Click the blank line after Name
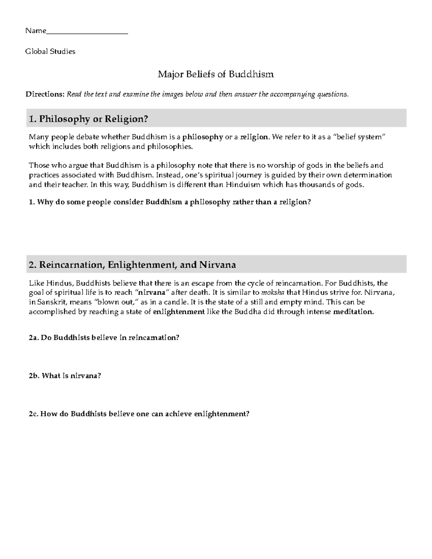87,31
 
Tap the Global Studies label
50,51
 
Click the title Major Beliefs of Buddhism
216,75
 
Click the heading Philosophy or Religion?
89,119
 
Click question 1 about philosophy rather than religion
170,202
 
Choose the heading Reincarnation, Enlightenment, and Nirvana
132,265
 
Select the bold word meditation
354,312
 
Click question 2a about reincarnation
104,338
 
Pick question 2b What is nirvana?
65,376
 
